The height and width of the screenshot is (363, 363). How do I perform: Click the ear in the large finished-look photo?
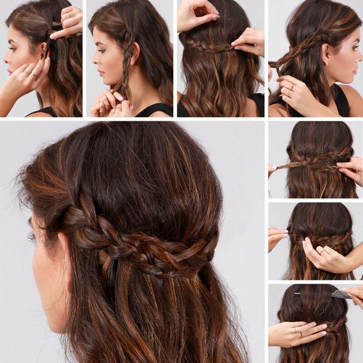(62, 242)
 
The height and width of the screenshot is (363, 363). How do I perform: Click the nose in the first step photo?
(5, 60)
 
